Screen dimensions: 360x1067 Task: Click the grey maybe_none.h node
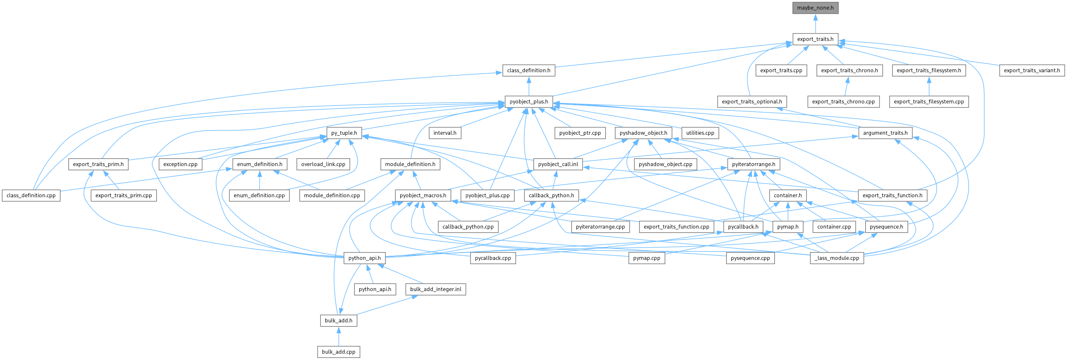pyautogui.click(x=815, y=8)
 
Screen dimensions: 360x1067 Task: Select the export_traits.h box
pyautogui.click(x=815, y=39)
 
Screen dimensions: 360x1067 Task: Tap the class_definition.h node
pyautogui.click(x=528, y=70)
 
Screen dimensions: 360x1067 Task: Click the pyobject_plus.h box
pyautogui.click(x=528, y=102)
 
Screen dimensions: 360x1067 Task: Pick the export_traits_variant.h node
pyautogui.click(x=1031, y=70)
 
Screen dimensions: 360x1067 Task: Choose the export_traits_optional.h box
pyautogui.click(x=752, y=102)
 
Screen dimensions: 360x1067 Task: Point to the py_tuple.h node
pyautogui.click(x=344, y=133)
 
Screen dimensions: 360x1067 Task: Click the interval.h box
pyautogui.click(x=444, y=133)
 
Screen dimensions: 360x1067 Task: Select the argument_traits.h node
pyautogui.click(x=885, y=133)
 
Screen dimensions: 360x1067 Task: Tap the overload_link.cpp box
pyautogui.click(x=323, y=164)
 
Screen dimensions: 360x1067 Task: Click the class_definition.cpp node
pyautogui.click(x=31, y=195)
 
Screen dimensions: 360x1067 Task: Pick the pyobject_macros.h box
pyautogui.click(x=423, y=195)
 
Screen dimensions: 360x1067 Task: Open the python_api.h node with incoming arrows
pyautogui.click(x=364, y=258)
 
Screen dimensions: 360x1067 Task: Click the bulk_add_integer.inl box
pyautogui.click(x=435, y=289)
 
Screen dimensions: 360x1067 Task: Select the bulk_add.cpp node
pyautogui.click(x=339, y=352)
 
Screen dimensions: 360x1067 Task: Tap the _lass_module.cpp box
pyautogui.click(x=836, y=258)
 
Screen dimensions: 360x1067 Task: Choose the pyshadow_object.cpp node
pyautogui.click(x=665, y=164)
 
